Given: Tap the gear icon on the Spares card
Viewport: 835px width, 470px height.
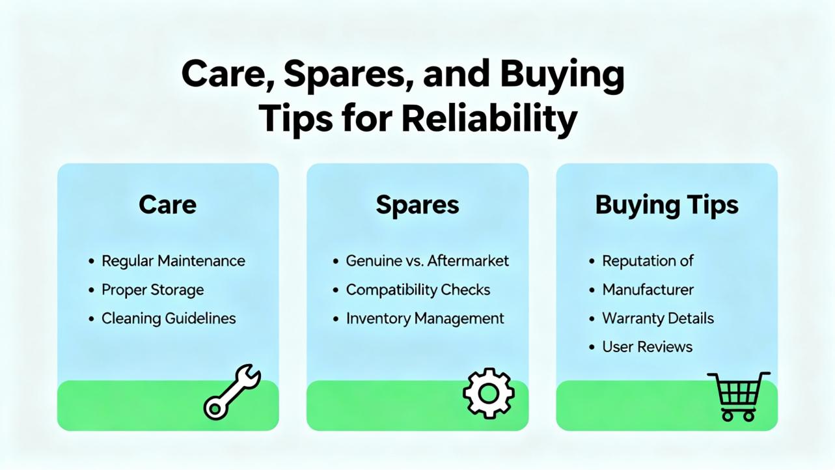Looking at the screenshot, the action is point(489,393).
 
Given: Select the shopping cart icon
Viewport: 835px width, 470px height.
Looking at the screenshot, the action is point(739,396).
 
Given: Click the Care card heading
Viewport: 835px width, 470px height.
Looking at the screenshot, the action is point(167,204).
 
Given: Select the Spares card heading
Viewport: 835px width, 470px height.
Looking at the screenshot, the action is point(418,205).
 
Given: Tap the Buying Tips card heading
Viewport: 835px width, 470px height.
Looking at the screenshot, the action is point(667,205).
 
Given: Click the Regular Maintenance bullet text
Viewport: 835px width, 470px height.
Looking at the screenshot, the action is point(173,261).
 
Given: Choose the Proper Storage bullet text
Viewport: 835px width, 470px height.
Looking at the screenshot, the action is point(153,290).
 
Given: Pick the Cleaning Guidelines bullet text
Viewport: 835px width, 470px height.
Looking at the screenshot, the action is point(169,318).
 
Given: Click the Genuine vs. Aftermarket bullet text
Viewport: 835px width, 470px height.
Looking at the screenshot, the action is point(427,261).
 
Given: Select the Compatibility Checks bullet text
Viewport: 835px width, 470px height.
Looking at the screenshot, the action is point(418,290).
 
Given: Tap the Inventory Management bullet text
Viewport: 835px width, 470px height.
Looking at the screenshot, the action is point(425,319).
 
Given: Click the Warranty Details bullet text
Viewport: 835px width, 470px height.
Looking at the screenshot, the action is point(658,318).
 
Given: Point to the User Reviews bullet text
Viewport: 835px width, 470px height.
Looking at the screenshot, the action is point(647,347).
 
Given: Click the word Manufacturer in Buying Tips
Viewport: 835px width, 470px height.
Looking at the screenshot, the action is point(648,290).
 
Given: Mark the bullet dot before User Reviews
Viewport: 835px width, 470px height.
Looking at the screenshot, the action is point(592,348).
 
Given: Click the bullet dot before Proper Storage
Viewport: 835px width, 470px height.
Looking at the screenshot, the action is point(91,290).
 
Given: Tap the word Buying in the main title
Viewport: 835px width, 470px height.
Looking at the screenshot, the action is point(562,76).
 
